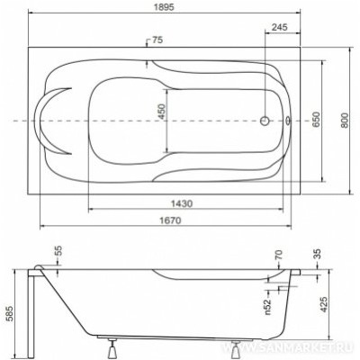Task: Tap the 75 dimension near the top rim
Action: coord(158,40)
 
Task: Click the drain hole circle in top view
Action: coord(265,121)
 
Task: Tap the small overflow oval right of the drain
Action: coord(287,121)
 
